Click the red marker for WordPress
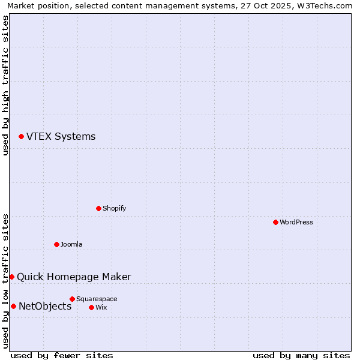(x=275, y=222)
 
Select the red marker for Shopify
(x=98, y=208)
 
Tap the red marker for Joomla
(x=56, y=244)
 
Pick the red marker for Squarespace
(x=72, y=299)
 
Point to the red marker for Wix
(x=91, y=307)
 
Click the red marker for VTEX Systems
(x=21, y=136)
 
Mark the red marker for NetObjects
(x=13, y=306)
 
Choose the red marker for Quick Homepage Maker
(x=11, y=277)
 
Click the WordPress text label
(x=296, y=222)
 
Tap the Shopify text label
(x=114, y=208)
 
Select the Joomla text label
(x=71, y=244)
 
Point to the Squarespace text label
(x=97, y=299)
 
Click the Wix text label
(x=101, y=307)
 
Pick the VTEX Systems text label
(x=61, y=136)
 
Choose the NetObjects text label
(x=45, y=306)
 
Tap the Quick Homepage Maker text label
(x=74, y=277)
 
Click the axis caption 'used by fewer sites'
(x=62, y=355)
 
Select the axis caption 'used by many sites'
(x=301, y=355)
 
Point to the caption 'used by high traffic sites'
(x=5, y=85)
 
